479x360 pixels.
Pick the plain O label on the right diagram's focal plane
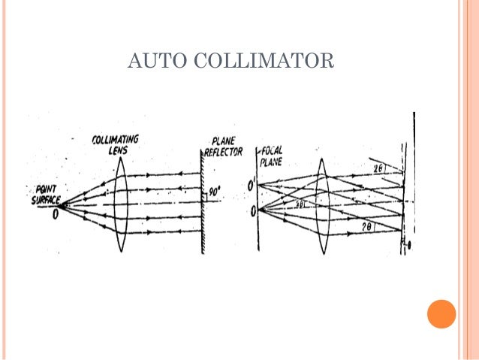point(252,210)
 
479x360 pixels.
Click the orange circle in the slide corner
point(441,313)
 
